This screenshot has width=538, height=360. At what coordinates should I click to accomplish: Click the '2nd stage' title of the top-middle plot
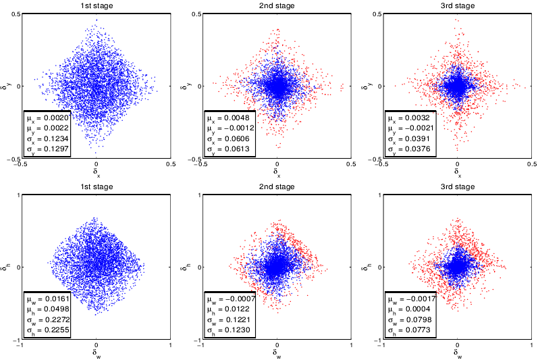point(277,5)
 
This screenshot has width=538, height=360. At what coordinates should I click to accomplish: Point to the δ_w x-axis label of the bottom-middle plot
point(277,352)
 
